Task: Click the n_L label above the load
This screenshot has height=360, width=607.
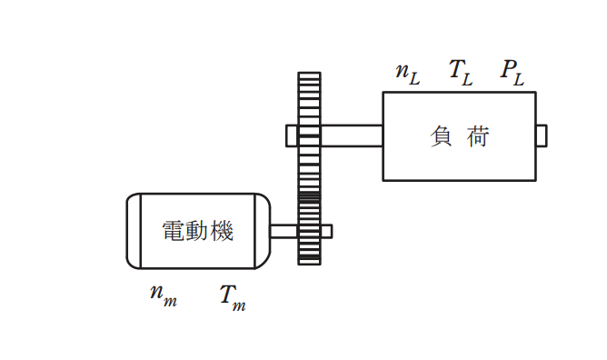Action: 408,74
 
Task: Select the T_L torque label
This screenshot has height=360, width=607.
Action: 461,73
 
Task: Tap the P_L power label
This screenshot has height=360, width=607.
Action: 512,73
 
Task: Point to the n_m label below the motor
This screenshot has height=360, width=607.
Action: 164,295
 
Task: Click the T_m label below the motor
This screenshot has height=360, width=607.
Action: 233,298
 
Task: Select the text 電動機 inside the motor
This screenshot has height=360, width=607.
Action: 197,231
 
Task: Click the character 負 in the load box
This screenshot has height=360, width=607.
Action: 441,136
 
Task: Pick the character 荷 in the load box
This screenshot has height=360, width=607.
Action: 478,136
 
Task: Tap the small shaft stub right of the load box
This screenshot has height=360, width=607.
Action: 542,135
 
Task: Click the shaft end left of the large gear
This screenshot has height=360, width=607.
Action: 292,135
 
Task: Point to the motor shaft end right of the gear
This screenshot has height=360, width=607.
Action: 326,232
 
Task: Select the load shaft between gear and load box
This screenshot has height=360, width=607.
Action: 352,135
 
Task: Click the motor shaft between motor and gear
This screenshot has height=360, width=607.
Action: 284,232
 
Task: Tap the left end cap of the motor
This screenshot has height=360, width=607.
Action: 134,231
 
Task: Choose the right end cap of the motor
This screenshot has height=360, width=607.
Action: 262,231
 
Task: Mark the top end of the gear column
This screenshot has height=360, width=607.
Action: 309,73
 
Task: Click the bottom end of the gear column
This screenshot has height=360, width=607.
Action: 309,265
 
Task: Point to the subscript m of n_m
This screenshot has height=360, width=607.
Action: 170,302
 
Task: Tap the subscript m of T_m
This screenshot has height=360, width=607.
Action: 239,306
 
